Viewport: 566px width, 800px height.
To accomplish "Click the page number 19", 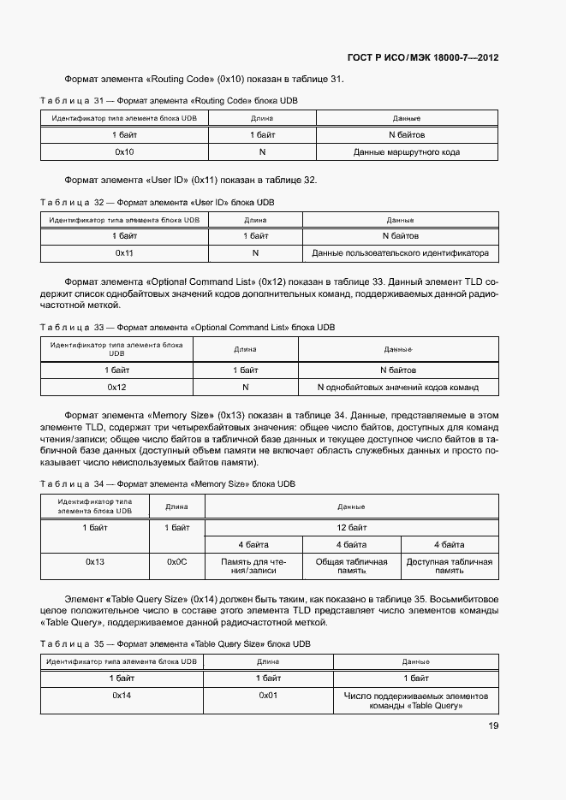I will point(493,726).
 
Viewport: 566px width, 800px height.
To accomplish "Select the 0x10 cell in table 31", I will point(124,151).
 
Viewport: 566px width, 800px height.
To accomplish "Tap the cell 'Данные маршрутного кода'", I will point(406,151).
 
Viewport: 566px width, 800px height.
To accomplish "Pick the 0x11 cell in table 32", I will point(124,253).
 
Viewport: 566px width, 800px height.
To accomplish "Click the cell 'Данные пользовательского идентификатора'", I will point(400,253).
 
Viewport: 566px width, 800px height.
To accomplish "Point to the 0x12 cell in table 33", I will point(116,388).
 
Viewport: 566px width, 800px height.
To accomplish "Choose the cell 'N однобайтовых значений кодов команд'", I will point(397,388).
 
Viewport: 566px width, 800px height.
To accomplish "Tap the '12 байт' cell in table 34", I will point(351,528).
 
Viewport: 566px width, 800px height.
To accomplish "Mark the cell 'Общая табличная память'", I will point(351,566).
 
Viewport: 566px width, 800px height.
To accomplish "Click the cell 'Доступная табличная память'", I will point(449,566).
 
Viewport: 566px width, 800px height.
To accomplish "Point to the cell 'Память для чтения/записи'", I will point(253,566).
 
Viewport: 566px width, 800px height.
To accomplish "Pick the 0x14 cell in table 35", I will point(122,696).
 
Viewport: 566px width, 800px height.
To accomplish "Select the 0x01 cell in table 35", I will point(269,696).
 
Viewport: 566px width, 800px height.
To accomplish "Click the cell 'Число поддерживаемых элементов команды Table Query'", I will point(415,701).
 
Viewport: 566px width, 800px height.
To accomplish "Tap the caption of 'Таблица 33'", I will point(188,328).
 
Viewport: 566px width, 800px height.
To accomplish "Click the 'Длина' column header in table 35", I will point(269,661).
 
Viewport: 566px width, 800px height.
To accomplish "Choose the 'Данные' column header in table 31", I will point(406,118).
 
